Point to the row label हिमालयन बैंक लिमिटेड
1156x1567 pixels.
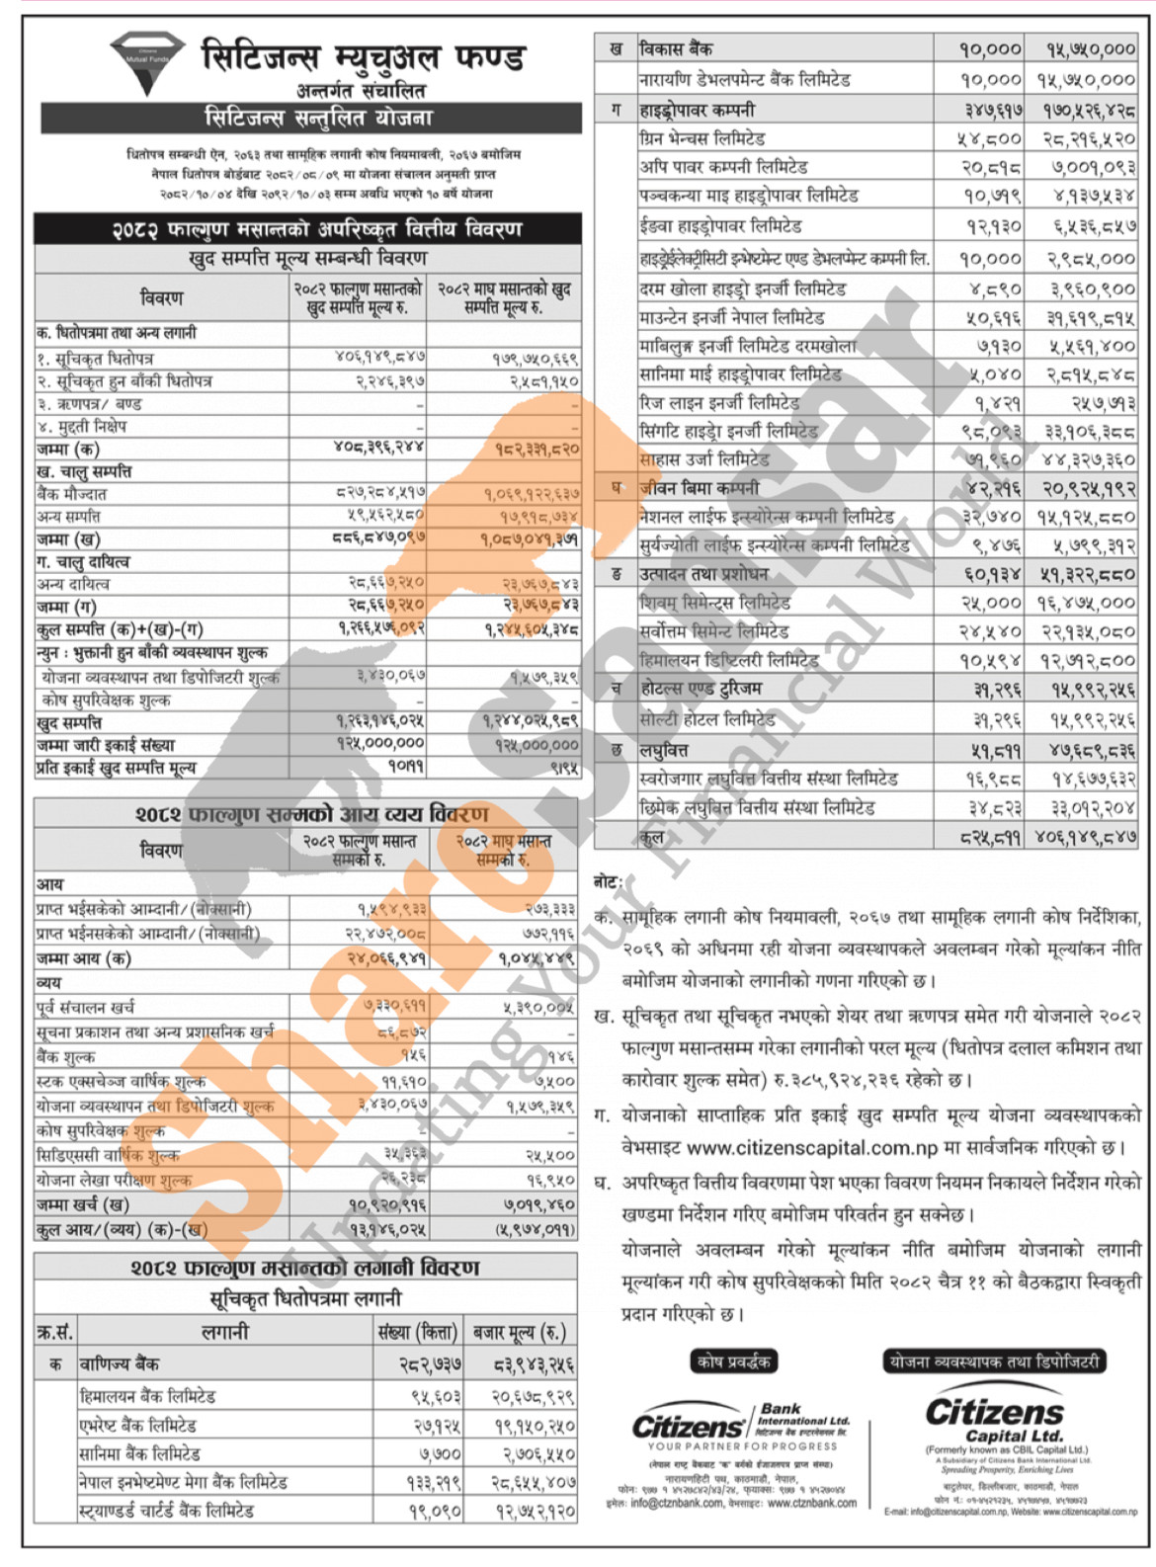(x=147, y=1396)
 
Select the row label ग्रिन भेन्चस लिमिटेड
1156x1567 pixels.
(x=702, y=138)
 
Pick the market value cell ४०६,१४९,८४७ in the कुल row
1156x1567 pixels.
(x=1086, y=837)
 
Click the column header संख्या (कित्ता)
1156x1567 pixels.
(x=418, y=1333)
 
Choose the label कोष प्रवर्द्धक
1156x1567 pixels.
(x=732, y=1361)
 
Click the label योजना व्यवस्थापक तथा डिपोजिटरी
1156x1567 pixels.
(x=993, y=1361)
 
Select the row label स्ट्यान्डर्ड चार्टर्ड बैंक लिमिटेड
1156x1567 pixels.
(x=167, y=1511)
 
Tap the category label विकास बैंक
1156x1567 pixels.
(x=676, y=48)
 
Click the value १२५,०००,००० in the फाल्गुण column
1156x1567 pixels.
(x=380, y=743)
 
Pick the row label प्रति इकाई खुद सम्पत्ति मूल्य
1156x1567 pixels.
(x=117, y=767)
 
